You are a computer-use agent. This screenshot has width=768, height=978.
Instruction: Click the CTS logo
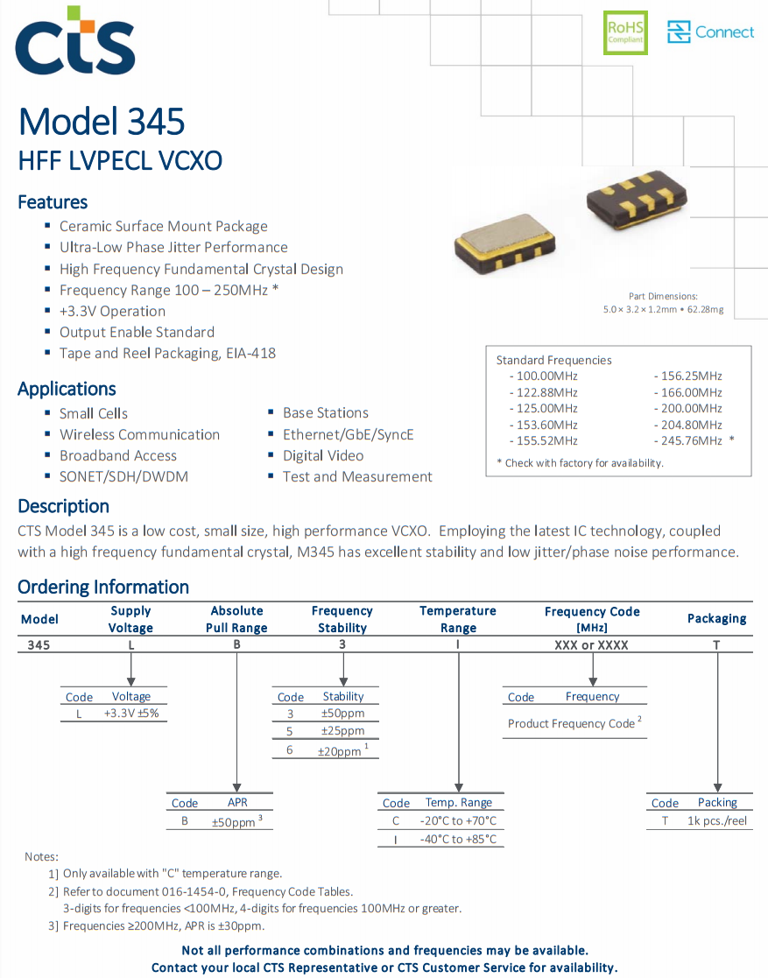[x=75, y=44]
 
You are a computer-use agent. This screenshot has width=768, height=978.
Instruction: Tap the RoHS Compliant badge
[x=625, y=33]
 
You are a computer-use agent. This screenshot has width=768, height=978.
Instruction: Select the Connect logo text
[x=723, y=32]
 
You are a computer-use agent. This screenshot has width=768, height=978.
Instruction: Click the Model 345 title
[x=102, y=121]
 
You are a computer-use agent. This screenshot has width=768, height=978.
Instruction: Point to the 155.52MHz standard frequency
[x=546, y=440]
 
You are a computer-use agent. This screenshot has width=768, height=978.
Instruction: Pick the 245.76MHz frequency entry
[x=691, y=440]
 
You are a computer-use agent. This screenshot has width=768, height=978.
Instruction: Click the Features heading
[x=53, y=202]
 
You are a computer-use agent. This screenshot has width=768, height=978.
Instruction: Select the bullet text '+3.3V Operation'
[x=112, y=311]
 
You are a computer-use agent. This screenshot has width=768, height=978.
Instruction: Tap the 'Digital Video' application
[x=323, y=455]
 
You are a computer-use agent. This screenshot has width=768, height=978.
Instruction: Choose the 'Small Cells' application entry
[x=94, y=413]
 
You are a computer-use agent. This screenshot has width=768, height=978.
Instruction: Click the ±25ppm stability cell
[x=342, y=731]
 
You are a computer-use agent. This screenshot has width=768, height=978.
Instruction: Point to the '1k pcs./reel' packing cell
[x=717, y=821]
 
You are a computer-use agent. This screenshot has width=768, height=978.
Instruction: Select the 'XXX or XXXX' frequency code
[x=592, y=644]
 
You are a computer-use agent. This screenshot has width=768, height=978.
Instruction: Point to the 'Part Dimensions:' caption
[x=663, y=297]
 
